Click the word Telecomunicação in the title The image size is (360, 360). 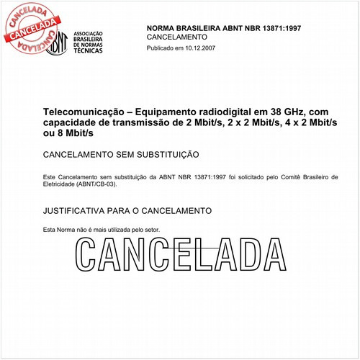[86, 113]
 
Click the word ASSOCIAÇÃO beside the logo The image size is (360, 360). [89, 34]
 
